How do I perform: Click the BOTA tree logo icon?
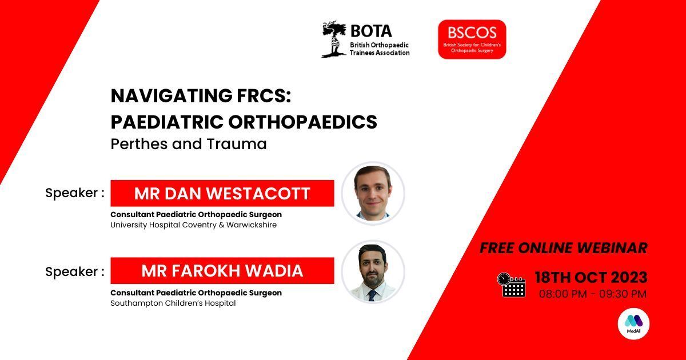(x=334, y=39)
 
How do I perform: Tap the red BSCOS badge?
(x=472, y=39)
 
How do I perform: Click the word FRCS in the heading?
(x=264, y=95)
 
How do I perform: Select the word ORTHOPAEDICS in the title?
(x=302, y=122)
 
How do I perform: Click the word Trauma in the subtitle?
(x=237, y=144)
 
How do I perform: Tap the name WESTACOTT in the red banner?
(x=258, y=194)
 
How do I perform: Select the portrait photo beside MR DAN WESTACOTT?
(x=373, y=194)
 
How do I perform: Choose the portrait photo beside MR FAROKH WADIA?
(x=373, y=272)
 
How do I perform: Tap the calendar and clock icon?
(x=511, y=285)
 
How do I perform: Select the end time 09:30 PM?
(x=623, y=294)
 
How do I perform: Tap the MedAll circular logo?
(x=633, y=324)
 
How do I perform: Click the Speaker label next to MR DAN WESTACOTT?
(x=75, y=193)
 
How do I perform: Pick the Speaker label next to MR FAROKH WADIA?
(x=75, y=272)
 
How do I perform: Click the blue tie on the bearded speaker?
(x=372, y=295)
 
